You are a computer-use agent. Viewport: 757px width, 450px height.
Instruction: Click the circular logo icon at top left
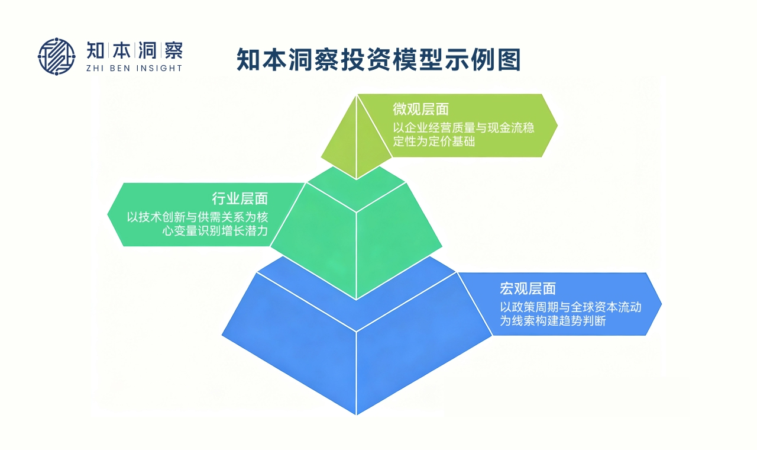(57, 57)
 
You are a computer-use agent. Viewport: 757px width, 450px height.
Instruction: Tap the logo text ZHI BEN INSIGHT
(134, 68)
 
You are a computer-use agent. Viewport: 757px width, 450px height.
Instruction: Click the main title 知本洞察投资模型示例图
(378, 60)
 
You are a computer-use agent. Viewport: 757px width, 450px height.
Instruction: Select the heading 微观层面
(420, 109)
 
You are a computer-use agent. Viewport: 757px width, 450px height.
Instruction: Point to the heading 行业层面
(240, 198)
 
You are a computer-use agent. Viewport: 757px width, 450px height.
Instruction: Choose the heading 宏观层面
(528, 288)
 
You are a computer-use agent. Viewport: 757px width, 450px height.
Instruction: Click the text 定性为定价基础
(434, 142)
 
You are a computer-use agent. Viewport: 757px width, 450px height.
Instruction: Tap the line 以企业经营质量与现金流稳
(464, 127)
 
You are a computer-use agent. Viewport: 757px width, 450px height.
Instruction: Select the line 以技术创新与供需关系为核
(198, 217)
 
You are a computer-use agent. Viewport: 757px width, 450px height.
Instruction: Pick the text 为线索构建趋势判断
(552, 321)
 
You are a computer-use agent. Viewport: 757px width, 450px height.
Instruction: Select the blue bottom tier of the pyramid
(356, 349)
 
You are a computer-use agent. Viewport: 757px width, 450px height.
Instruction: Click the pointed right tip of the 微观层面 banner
(557, 125)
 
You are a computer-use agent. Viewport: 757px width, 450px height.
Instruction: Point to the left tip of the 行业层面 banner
(108, 214)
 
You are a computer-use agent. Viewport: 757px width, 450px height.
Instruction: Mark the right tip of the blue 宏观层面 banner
(661, 304)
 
